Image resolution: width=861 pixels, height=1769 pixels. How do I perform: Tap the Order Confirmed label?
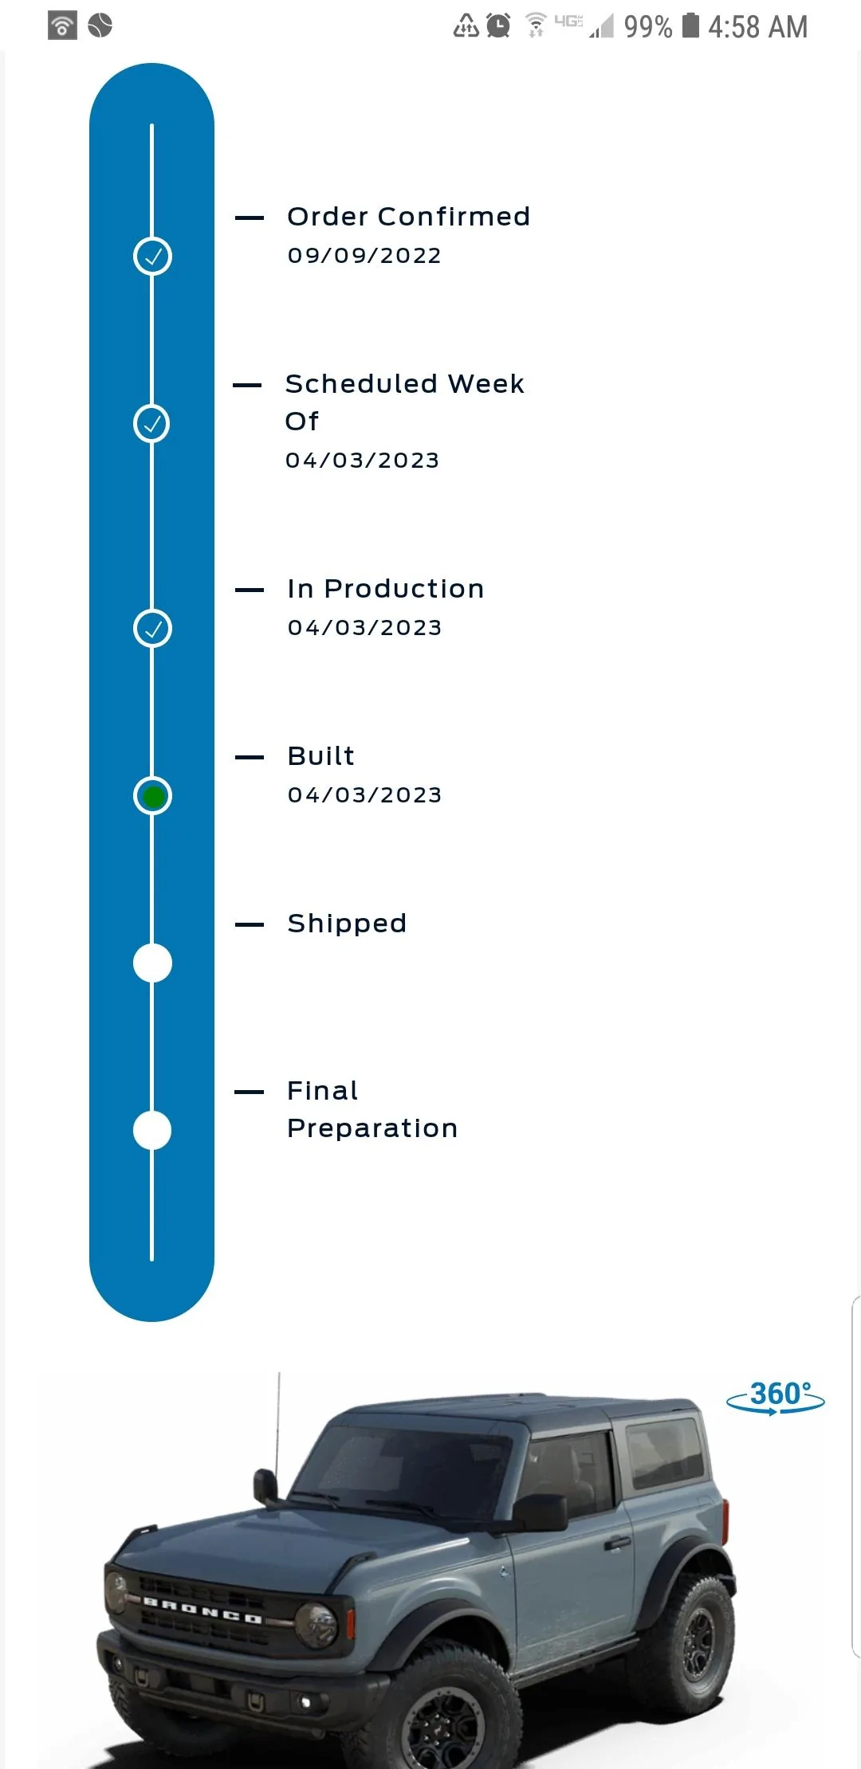pyautogui.click(x=408, y=216)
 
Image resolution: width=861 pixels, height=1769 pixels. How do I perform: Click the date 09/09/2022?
pyautogui.click(x=364, y=256)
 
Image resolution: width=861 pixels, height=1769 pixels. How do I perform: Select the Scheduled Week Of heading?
pyautogui.click(x=404, y=402)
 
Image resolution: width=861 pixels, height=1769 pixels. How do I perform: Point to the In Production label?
pyautogui.click(x=386, y=589)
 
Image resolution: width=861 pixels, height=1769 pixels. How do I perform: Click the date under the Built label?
pyautogui.click(x=364, y=795)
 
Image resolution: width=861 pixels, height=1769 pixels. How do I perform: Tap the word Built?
pyautogui.click(x=321, y=755)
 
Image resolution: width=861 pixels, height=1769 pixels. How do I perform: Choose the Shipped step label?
pyautogui.click(x=347, y=924)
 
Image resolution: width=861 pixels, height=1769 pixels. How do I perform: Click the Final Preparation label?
pyautogui.click(x=372, y=1109)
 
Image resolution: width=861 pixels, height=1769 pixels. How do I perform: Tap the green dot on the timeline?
pyautogui.click(x=152, y=796)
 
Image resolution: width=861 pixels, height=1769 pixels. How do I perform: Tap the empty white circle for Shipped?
pyautogui.click(x=152, y=963)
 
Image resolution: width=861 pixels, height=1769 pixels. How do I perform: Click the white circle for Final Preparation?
pyautogui.click(x=152, y=1131)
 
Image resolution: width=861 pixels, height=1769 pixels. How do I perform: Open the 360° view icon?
pyautogui.click(x=776, y=1397)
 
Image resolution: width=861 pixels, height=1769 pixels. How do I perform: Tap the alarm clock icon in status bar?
pyautogui.click(x=498, y=25)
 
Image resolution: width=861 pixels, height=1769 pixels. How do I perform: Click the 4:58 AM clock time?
pyautogui.click(x=758, y=27)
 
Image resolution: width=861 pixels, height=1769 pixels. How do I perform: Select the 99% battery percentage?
pyautogui.click(x=648, y=27)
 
